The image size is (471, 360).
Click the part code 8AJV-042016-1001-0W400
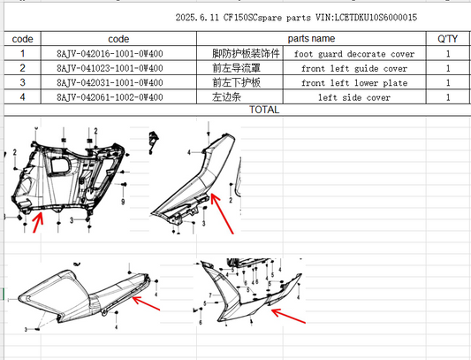(110, 54)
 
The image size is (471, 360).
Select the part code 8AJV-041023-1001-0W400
(110, 68)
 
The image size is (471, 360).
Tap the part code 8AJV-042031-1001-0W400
(110, 83)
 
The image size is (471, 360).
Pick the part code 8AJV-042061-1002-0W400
(110, 97)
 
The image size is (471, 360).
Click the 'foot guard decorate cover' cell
(354, 54)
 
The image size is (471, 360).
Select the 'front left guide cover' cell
(354, 69)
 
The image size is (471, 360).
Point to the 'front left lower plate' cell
(354, 83)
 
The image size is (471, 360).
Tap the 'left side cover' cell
(354, 97)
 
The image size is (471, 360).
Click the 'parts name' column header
(311, 39)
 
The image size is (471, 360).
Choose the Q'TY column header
(447, 39)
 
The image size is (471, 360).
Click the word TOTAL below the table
(264, 110)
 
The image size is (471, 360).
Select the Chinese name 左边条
(227, 97)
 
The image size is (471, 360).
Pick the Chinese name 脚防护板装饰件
(246, 54)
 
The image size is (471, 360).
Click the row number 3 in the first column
(22, 83)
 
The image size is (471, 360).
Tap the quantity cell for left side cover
(448, 97)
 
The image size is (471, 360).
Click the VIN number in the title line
(366, 18)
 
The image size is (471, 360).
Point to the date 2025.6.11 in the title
(197, 18)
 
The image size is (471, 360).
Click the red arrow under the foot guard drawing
(38, 222)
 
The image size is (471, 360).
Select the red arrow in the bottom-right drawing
(288, 316)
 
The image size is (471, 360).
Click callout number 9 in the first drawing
(123, 202)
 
